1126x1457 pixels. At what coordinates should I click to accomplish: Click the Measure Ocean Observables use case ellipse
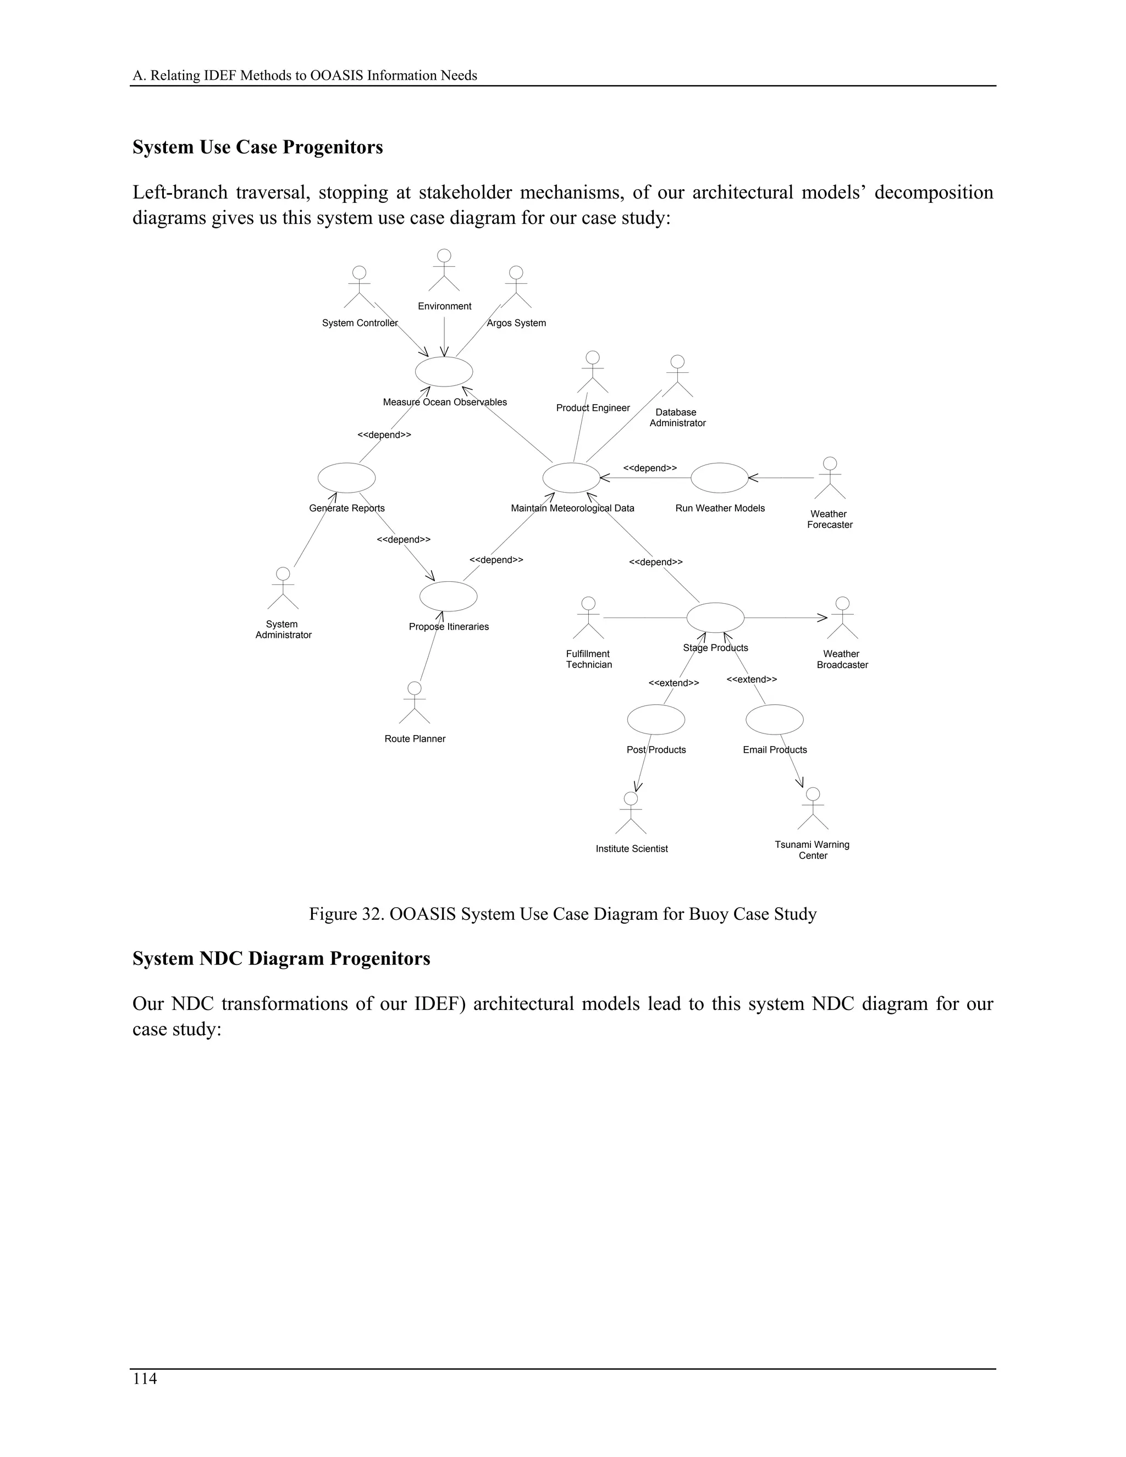point(444,372)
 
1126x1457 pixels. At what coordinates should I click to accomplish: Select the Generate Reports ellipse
point(346,478)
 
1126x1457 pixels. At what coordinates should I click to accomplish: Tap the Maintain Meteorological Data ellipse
point(571,478)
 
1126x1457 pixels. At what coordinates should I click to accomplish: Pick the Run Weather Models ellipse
point(719,478)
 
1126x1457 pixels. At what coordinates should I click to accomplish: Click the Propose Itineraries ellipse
point(448,597)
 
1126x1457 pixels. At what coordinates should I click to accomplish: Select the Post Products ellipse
point(656,719)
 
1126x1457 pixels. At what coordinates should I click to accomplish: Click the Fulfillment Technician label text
point(588,659)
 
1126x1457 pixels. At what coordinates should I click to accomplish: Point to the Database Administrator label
point(677,418)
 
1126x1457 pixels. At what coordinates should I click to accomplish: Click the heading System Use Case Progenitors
point(257,147)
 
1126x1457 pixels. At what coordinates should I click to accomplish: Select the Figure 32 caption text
point(562,914)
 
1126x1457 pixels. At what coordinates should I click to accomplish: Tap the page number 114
point(145,1379)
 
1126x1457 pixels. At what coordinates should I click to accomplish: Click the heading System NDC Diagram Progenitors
point(281,959)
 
